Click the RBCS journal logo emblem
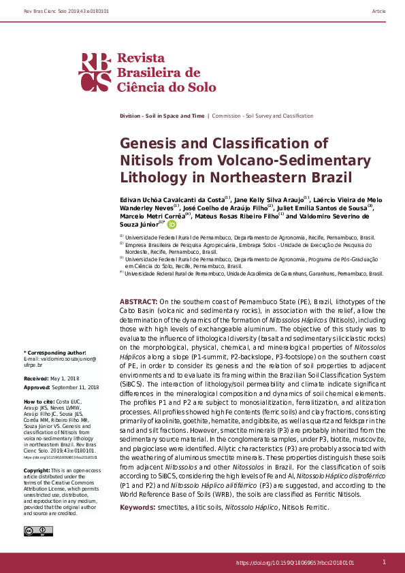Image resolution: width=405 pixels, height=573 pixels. click(x=95, y=72)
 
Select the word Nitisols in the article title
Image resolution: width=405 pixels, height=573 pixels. click(x=146, y=161)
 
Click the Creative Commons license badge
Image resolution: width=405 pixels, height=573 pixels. click(x=33, y=531)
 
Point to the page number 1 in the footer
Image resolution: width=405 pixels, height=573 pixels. click(x=384, y=562)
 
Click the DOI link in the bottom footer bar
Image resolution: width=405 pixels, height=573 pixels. click(x=295, y=563)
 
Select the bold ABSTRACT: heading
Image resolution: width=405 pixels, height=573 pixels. click(x=139, y=301)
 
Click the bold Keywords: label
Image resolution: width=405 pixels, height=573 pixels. click(x=142, y=508)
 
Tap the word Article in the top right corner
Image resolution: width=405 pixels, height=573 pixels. click(x=379, y=12)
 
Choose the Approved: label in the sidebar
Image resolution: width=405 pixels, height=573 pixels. click(x=37, y=387)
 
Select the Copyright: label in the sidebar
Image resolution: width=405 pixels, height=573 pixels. click(x=37, y=470)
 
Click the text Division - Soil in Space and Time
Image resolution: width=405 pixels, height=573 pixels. click(x=161, y=116)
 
